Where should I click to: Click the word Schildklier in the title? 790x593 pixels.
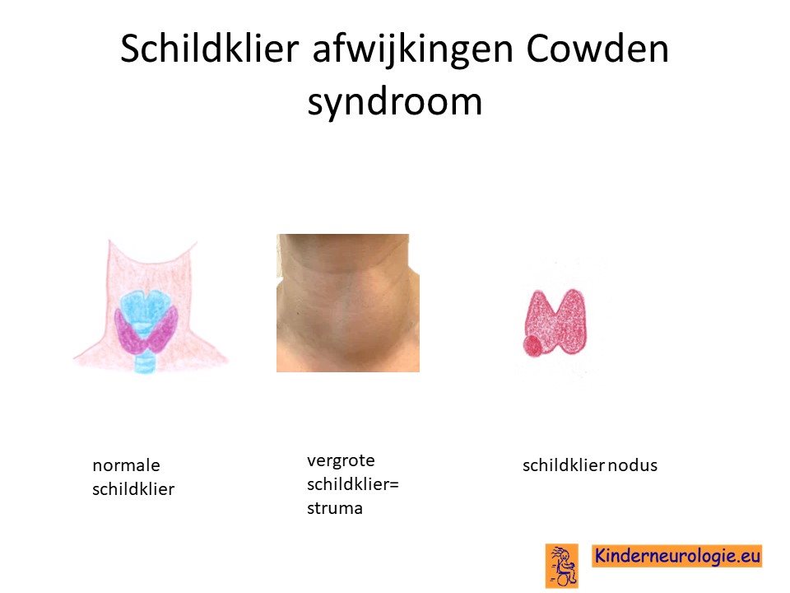tap(210, 49)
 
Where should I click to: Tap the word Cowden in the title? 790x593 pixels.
tap(597, 49)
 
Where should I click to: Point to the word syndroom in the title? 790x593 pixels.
tap(394, 103)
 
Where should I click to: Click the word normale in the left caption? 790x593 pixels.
tap(126, 465)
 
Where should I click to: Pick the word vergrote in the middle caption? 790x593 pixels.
tap(341, 461)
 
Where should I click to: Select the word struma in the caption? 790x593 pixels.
tap(335, 508)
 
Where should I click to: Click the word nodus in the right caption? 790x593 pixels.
tap(632, 465)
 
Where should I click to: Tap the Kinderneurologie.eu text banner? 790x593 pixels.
tap(676, 556)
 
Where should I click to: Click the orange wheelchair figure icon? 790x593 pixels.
tap(562, 566)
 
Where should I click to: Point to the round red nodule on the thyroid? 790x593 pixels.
tap(532, 346)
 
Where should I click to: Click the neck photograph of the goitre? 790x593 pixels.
tap(347, 303)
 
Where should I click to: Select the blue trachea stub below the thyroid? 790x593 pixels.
tap(145, 363)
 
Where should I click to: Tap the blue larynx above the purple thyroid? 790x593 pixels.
tap(145, 311)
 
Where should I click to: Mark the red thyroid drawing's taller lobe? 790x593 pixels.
tap(573, 320)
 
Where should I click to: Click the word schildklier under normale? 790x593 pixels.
tap(133, 489)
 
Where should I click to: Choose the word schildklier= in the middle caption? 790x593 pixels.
tap(353, 484)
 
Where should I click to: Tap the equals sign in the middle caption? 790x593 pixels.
tap(394, 485)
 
